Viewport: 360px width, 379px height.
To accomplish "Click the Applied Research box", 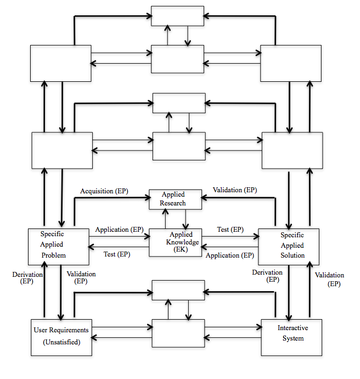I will click(x=173, y=199).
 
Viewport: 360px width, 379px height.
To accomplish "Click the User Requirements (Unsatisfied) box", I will click(x=60, y=336).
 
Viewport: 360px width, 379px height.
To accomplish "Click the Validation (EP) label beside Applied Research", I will click(x=234, y=190).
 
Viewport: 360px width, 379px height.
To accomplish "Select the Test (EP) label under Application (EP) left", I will click(x=117, y=254).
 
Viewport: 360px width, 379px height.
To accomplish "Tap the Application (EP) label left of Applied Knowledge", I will click(x=119, y=229).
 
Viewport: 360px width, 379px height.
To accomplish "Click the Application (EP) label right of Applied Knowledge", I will click(x=230, y=255).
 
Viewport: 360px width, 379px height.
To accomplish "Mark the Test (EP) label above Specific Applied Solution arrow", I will click(x=230, y=229).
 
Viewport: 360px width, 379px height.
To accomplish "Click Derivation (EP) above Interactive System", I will click(x=267, y=276).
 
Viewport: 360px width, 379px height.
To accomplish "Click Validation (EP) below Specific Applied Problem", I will click(x=81, y=277).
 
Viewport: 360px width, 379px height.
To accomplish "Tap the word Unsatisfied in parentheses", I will click(x=60, y=343).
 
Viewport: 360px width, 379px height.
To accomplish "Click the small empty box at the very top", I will click(x=177, y=17).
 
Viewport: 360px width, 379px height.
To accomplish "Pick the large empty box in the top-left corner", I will click(x=60, y=64).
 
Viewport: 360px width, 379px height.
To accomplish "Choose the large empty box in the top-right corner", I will click(x=291, y=64).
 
